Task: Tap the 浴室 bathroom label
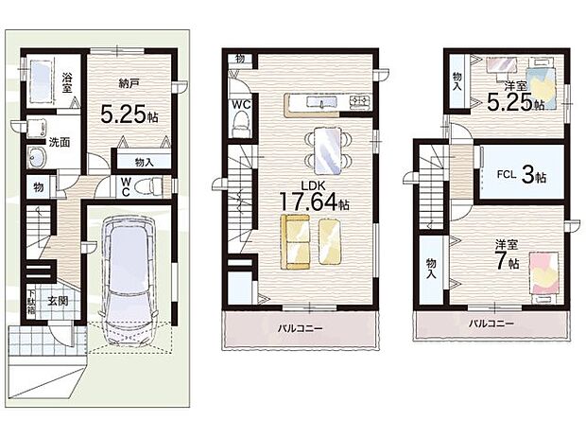67,82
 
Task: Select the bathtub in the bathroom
39,80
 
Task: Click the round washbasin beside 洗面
36,157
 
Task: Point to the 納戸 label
129,84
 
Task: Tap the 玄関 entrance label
58,300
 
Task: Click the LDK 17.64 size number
308,201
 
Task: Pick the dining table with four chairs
328,150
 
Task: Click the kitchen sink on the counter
321,101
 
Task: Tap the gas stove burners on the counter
359,100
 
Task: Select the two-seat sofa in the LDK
295,241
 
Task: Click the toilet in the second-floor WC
239,124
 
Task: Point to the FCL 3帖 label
522,175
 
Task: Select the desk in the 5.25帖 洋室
502,66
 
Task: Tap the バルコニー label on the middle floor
300,328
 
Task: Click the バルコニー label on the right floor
491,323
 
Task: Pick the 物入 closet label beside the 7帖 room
432,269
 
